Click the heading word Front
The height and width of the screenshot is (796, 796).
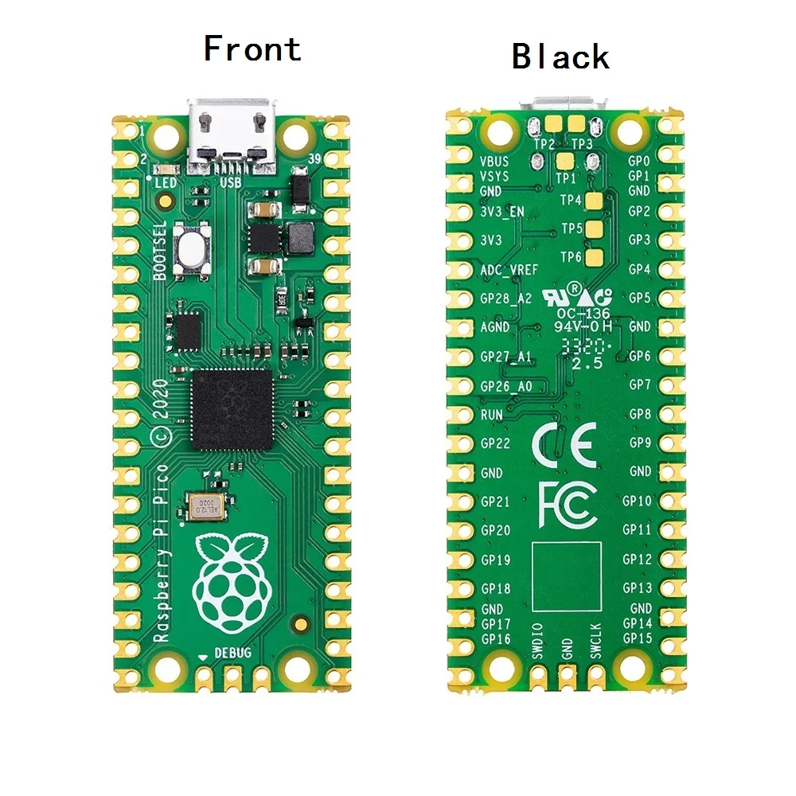(x=252, y=49)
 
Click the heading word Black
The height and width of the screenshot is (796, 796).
(x=560, y=57)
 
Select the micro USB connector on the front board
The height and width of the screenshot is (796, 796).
(x=232, y=135)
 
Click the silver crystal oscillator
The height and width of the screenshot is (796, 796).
(x=206, y=506)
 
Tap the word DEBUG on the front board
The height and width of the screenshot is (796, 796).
(x=232, y=653)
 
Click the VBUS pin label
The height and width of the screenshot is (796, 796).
(x=496, y=161)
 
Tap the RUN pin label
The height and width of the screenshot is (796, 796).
(x=491, y=415)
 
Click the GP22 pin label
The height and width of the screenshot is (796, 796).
(x=495, y=443)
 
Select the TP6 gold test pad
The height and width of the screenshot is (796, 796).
(x=594, y=256)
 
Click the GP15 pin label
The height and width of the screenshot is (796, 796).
(x=638, y=638)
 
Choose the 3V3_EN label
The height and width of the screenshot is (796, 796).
(x=503, y=212)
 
